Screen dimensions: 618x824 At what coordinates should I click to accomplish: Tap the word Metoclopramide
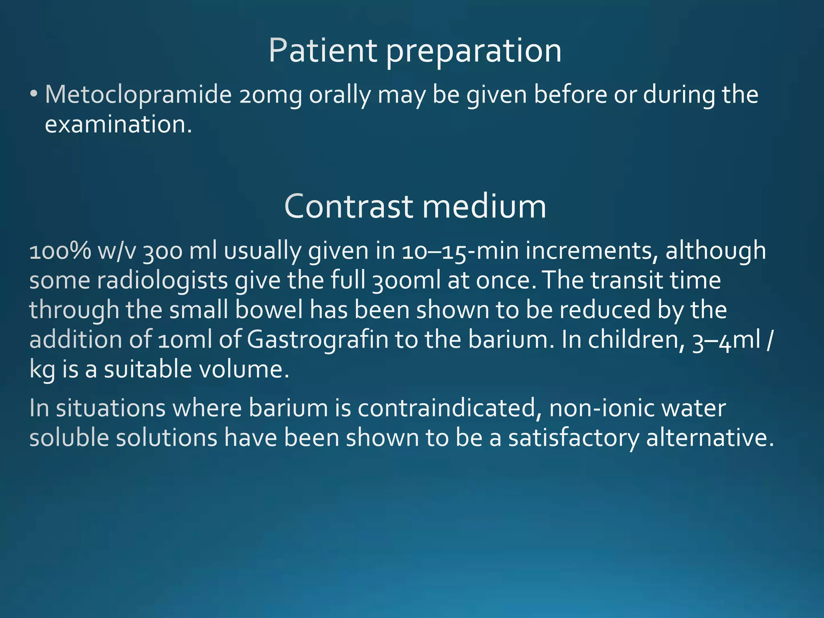pos(138,95)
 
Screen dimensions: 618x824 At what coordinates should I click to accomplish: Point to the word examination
pos(118,124)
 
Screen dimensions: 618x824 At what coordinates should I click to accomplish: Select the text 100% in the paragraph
pos(60,251)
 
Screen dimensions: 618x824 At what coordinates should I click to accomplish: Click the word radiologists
pos(162,280)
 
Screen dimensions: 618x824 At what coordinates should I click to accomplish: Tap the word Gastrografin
pos(317,340)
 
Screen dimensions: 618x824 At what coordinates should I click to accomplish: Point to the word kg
pos(42,370)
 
